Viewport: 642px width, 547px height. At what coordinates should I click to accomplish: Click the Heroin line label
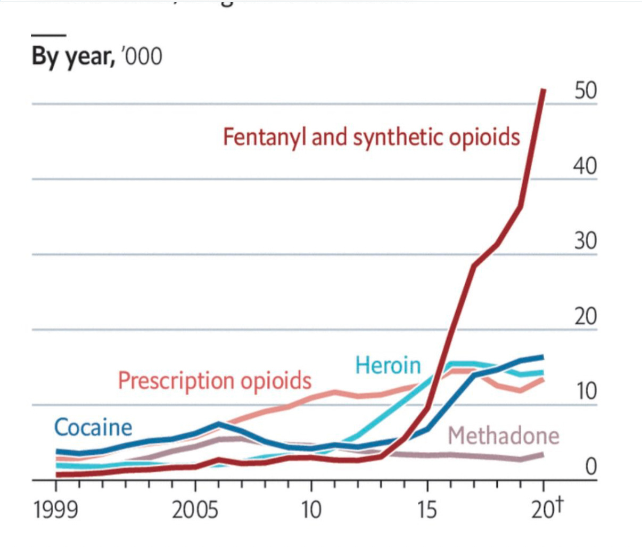pyautogui.click(x=388, y=366)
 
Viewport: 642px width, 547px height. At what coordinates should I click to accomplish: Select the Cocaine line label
pyautogui.click(x=93, y=428)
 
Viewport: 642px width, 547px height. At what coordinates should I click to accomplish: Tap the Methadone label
pyautogui.click(x=503, y=436)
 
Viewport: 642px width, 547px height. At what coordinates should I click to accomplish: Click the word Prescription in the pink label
pyautogui.click(x=176, y=381)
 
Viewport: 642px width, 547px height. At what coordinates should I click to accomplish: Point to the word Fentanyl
pyautogui.click(x=265, y=137)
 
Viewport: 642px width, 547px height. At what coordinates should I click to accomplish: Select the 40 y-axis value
pyautogui.click(x=586, y=167)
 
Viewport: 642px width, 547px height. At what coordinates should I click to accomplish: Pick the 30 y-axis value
pyautogui.click(x=586, y=242)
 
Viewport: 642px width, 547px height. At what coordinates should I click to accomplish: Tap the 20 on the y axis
pyautogui.click(x=586, y=317)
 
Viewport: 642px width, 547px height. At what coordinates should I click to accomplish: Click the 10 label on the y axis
pyautogui.click(x=586, y=392)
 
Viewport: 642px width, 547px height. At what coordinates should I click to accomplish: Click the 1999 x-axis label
pyautogui.click(x=55, y=510)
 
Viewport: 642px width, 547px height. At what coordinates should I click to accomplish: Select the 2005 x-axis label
pyautogui.click(x=195, y=510)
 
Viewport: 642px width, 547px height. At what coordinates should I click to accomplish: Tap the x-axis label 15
pyautogui.click(x=427, y=510)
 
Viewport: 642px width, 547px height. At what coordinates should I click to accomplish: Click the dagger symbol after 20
pyautogui.click(x=558, y=504)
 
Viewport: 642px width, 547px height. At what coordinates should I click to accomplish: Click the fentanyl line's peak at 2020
pyautogui.click(x=543, y=90)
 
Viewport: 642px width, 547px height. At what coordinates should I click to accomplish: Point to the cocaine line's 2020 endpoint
pyautogui.click(x=542, y=357)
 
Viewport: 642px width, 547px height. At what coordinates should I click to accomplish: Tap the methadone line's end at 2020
pyautogui.click(x=542, y=455)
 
